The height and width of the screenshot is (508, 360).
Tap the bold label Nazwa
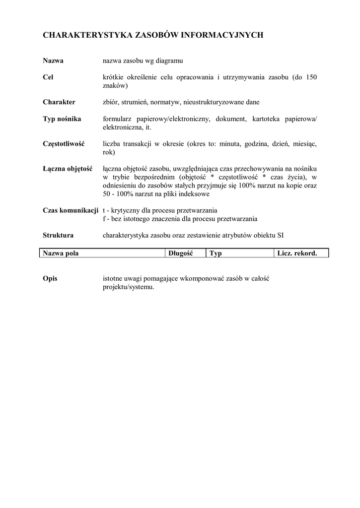tap(53, 61)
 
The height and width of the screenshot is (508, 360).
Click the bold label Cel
tap(48, 77)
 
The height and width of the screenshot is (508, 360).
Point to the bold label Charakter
tap(59, 102)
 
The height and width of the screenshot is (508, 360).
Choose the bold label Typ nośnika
tap(62, 119)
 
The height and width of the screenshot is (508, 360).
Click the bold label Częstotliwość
tap(64, 144)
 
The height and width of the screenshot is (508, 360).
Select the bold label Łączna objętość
tap(68, 169)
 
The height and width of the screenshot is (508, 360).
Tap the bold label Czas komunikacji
tap(70, 210)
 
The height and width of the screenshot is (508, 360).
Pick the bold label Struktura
tap(58, 235)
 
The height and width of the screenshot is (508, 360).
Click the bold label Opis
tap(50, 278)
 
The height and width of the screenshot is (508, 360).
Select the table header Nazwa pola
tap(61, 254)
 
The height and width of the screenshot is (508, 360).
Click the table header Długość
tap(180, 254)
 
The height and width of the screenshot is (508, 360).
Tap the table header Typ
tap(216, 254)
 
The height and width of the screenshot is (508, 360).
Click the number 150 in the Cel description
tap(310, 77)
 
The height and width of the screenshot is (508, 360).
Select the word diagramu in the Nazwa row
tap(170, 61)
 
